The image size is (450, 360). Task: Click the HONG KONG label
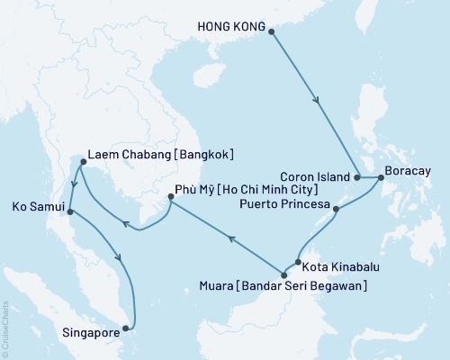[x=229, y=29]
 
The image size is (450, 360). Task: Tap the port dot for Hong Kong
[x=272, y=30]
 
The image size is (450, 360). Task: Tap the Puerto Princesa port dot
[x=336, y=210]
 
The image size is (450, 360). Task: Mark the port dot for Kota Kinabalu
[x=297, y=263]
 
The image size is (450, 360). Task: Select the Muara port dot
[x=284, y=274]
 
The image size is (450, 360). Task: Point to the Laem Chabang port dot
[x=81, y=163]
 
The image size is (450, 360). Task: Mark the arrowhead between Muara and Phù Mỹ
[x=231, y=239]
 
